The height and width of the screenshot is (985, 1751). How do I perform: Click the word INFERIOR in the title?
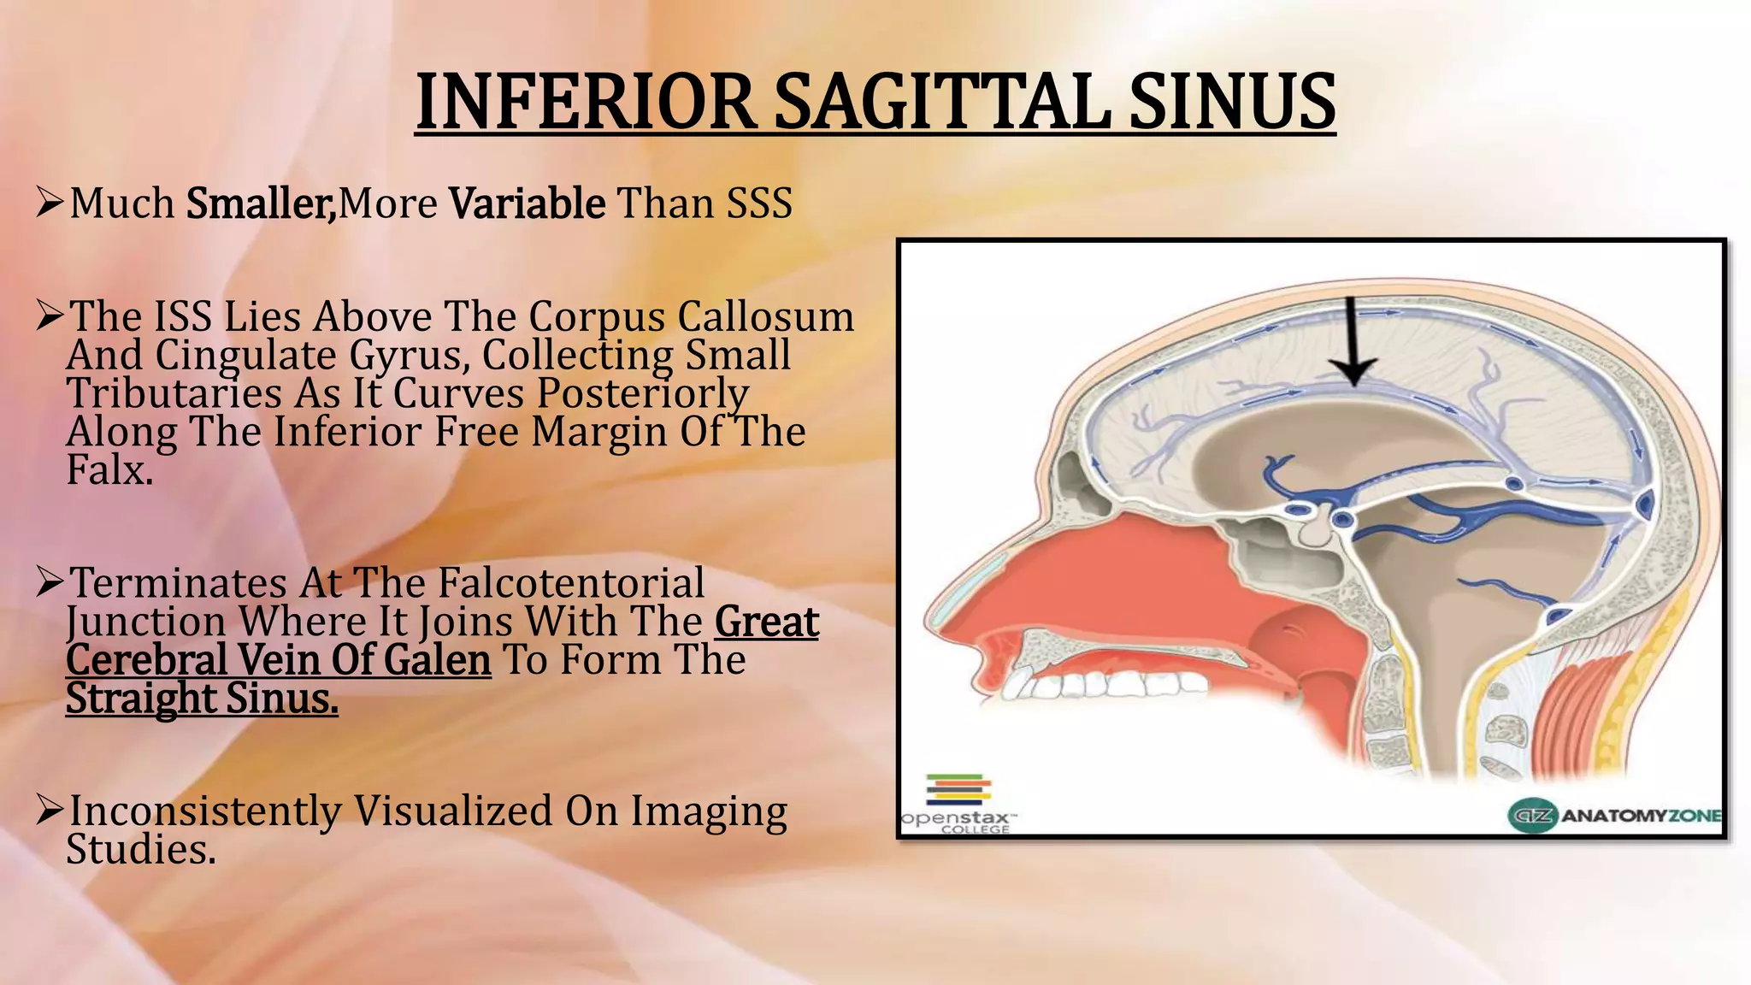586,103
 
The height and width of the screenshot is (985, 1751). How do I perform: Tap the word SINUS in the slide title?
1231,103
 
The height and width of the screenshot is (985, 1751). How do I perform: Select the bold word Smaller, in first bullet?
261,203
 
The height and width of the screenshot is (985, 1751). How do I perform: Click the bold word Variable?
528,203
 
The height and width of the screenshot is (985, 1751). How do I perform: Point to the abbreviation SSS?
759,203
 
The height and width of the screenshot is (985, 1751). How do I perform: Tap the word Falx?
109,470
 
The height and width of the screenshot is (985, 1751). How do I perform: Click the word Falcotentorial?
571,583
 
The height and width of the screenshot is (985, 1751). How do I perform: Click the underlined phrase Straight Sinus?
202,699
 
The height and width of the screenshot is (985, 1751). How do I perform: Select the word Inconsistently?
205,811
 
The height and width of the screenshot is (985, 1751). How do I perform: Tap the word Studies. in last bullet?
141,850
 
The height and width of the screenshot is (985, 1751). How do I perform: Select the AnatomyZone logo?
1614,815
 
